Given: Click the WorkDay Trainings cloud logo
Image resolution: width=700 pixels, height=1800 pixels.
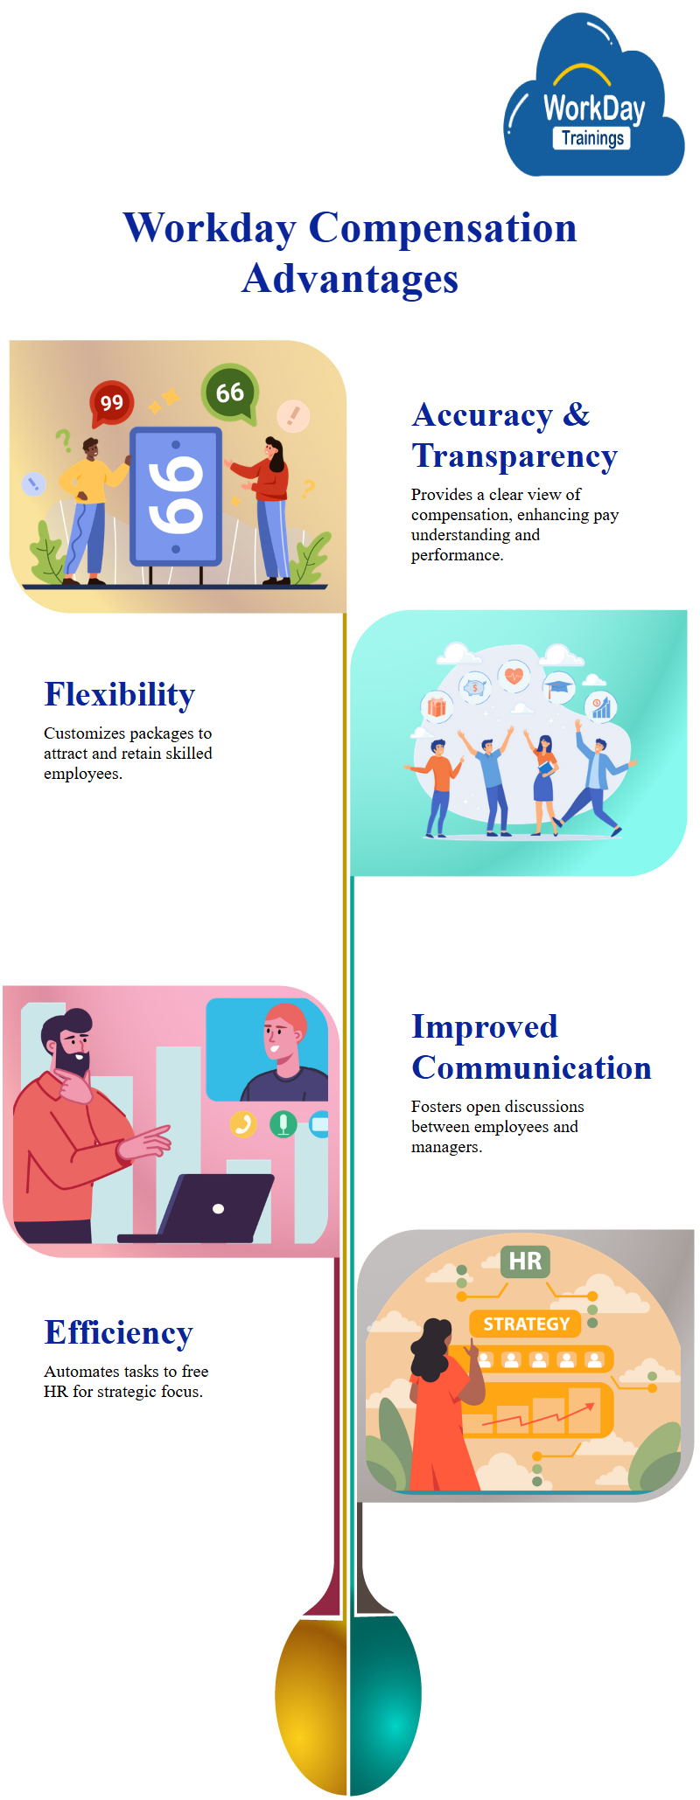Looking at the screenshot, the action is pos(593,96).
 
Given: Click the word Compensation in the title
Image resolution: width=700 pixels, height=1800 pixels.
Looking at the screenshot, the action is pos(443,228).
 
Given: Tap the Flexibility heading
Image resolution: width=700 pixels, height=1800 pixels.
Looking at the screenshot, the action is pos(120,694).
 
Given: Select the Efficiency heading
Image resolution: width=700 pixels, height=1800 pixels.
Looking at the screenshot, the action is pos(119,1332).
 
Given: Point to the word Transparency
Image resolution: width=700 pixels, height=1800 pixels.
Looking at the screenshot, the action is pos(514,456).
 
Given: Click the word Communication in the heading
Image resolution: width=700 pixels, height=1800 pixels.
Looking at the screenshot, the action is pos(532,1067).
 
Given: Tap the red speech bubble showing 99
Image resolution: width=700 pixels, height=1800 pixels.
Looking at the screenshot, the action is pos(111,402).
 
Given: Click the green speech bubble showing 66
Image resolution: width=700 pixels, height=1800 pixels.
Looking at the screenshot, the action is pos(229,393).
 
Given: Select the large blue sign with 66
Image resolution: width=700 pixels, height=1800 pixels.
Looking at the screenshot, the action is pos(176,497).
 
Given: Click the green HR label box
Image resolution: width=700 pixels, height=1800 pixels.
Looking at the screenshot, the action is pos(525,1261).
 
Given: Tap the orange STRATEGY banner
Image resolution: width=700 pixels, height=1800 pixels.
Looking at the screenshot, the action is pos(526,1324).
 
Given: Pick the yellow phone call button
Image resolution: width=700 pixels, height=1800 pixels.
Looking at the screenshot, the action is pos(242,1123).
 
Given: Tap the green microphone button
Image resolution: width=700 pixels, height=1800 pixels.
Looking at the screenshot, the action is pos(283,1123).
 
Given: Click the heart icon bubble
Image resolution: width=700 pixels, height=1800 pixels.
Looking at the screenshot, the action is pos(514,676).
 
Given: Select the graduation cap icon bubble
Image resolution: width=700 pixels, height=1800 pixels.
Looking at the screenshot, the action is pos(558,687).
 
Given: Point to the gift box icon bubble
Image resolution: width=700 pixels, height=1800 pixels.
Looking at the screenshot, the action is pos(437,706).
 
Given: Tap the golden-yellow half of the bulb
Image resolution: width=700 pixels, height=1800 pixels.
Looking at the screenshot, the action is pos(311,1703).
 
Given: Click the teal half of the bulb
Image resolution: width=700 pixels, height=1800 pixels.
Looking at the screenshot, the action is pos(385,1703).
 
